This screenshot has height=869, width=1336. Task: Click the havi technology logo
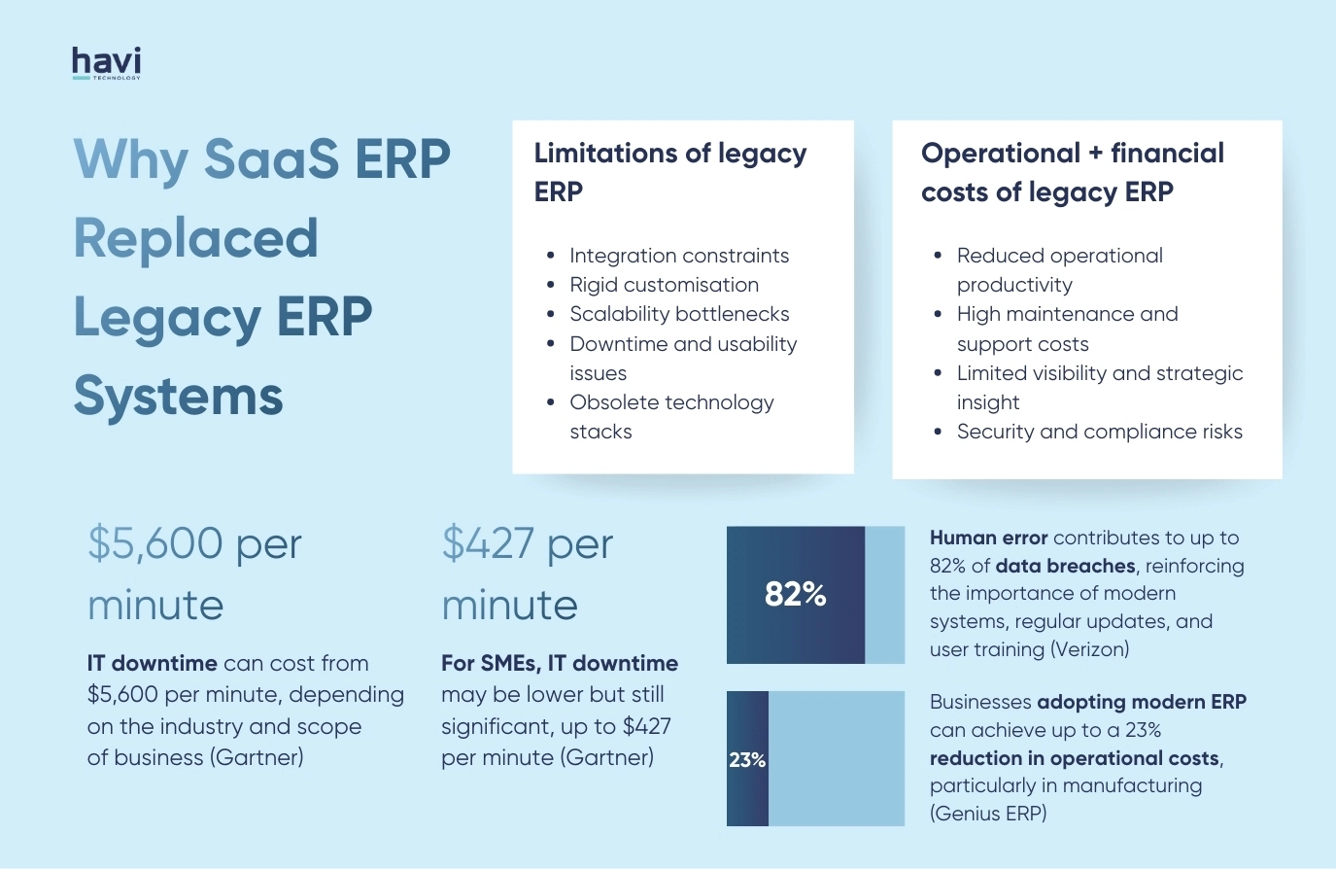click(x=106, y=63)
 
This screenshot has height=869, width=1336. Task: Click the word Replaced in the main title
click(x=196, y=238)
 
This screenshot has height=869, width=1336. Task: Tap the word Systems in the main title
click(x=179, y=396)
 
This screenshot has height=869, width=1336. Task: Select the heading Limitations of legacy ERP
click(x=669, y=172)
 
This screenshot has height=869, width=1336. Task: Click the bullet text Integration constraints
click(x=679, y=256)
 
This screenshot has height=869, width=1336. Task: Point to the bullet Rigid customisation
click(x=664, y=285)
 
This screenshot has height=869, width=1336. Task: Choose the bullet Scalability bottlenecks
click(x=679, y=314)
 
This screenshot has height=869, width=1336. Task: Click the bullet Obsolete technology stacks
click(x=671, y=416)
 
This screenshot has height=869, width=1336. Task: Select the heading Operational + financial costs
click(x=1072, y=172)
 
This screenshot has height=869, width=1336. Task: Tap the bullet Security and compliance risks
click(x=1099, y=432)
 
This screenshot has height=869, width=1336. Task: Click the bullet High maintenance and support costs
click(x=1067, y=329)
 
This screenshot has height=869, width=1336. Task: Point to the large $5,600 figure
click(x=155, y=543)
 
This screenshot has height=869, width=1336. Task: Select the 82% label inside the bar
click(x=795, y=594)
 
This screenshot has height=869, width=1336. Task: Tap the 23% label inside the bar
click(x=747, y=760)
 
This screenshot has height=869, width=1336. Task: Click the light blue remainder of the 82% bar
click(x=884, y=595)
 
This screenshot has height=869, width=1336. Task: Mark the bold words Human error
click(x=988, y=538)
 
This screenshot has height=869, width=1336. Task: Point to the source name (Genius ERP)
click(x=988, y=814)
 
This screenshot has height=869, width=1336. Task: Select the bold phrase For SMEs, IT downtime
click(x=560, y=664)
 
